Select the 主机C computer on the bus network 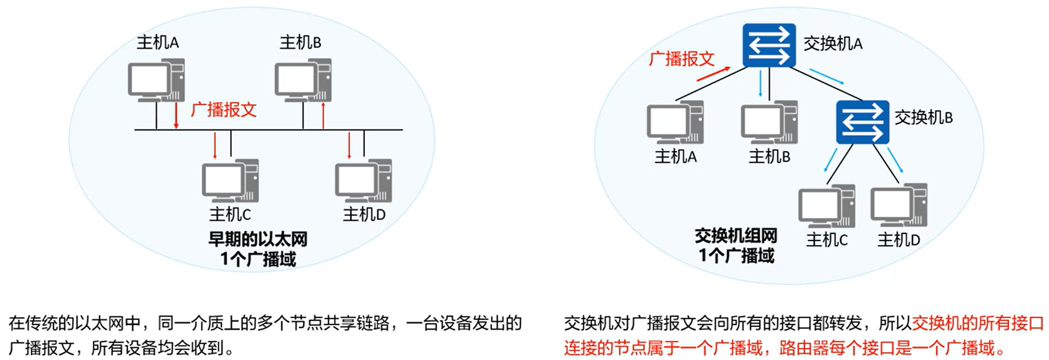(x=230, y=181)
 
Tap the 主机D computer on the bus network (x=363, y=181)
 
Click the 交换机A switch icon (x=769, y=45)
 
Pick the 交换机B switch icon (x=863, y=122)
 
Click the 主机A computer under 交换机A (x=675, y=123)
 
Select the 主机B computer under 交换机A (x=769, y=123)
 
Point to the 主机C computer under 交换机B (x=827, y=206)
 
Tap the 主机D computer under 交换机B (x=899, y=206)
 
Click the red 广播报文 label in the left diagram (x=224, y=110)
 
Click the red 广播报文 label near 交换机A (x=681, y=59)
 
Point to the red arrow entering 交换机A (x=713, y=74)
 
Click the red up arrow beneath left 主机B (x=323, y=115)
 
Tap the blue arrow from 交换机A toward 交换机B (x=827, y=76)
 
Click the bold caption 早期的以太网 (x=258, y=239)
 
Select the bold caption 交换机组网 (x=736, y=236)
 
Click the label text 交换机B (x=923, y=118)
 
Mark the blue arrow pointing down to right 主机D (x=895, y=160)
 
